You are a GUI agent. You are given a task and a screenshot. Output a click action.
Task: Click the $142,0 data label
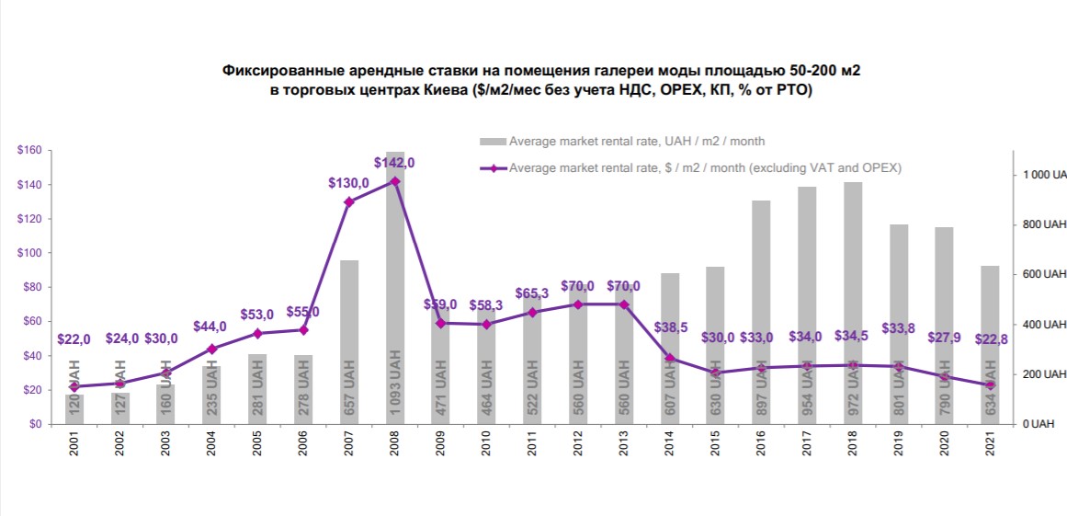pos(394,163)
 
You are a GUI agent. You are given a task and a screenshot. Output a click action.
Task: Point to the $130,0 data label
pos(348,183)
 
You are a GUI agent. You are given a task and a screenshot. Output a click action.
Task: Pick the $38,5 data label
pos(669,327)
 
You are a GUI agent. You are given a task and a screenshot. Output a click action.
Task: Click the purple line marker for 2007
pos(349,201)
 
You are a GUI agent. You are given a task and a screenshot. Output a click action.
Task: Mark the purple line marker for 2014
pos(670,359)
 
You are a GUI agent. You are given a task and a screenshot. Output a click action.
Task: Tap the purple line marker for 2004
pos(211,349)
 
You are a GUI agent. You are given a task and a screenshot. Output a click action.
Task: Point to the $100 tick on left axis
pos(31,253)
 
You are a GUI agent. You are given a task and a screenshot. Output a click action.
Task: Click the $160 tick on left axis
pos(31,150)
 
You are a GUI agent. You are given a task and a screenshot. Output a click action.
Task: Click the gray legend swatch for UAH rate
pos(493,142)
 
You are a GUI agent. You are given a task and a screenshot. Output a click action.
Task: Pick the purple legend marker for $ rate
pos(493,168)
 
